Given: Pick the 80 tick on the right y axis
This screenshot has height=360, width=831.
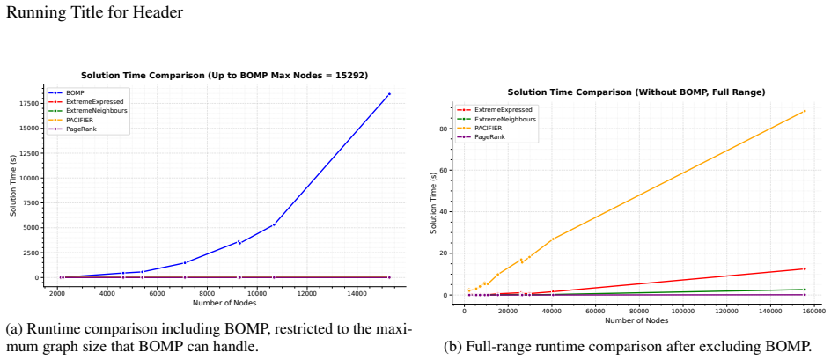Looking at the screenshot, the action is [x=442, y=129].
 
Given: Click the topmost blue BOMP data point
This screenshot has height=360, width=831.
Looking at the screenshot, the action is [x=389, y=94].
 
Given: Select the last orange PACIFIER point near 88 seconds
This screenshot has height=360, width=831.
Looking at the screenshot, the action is [x=805, y=111].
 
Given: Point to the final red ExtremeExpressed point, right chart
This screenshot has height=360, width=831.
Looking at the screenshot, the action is [x=805, y=268].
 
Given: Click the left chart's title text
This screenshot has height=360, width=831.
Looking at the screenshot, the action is [x=224, y=76].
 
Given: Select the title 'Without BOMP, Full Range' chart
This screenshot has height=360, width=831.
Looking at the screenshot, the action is [x=636, y=92].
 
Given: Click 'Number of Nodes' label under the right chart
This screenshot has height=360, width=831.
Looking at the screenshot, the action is [x=636, y=320].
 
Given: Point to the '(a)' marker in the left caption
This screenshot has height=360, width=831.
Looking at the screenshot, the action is [x=14, y=330].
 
